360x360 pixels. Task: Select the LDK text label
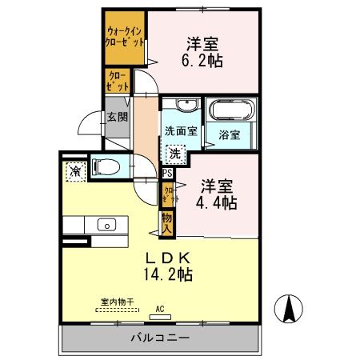coord(166,258)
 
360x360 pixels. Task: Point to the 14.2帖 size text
coord(168,275)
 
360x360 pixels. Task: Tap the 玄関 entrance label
coord(117,117)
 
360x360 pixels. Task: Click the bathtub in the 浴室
coord(229,110)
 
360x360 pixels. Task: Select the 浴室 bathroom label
coord(230,134)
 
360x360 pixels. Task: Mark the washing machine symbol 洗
coord(174,152)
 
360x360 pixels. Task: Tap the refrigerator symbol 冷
coord(74,170)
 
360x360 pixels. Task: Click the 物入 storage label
coord(166,222)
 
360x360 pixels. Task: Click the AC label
coord(160,309)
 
